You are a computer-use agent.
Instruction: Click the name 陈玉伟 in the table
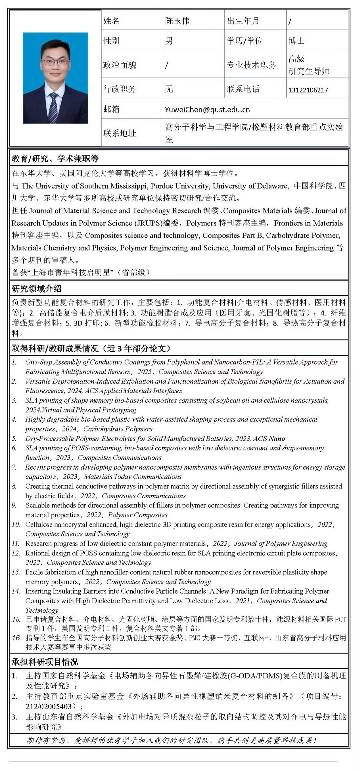coord(177,21)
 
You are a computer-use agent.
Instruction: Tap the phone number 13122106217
coord(308,90)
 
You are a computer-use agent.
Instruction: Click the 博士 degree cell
coord(297,41)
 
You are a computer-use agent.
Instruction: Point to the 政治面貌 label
coord(120,65)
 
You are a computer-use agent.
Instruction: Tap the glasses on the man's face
coord(55,62)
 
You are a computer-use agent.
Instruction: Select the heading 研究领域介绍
coord(36,288)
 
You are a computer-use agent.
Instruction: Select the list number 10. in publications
coord(16,525)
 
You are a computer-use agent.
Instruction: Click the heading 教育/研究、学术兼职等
coord(55,158)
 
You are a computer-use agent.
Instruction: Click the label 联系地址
coord(120,133)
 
